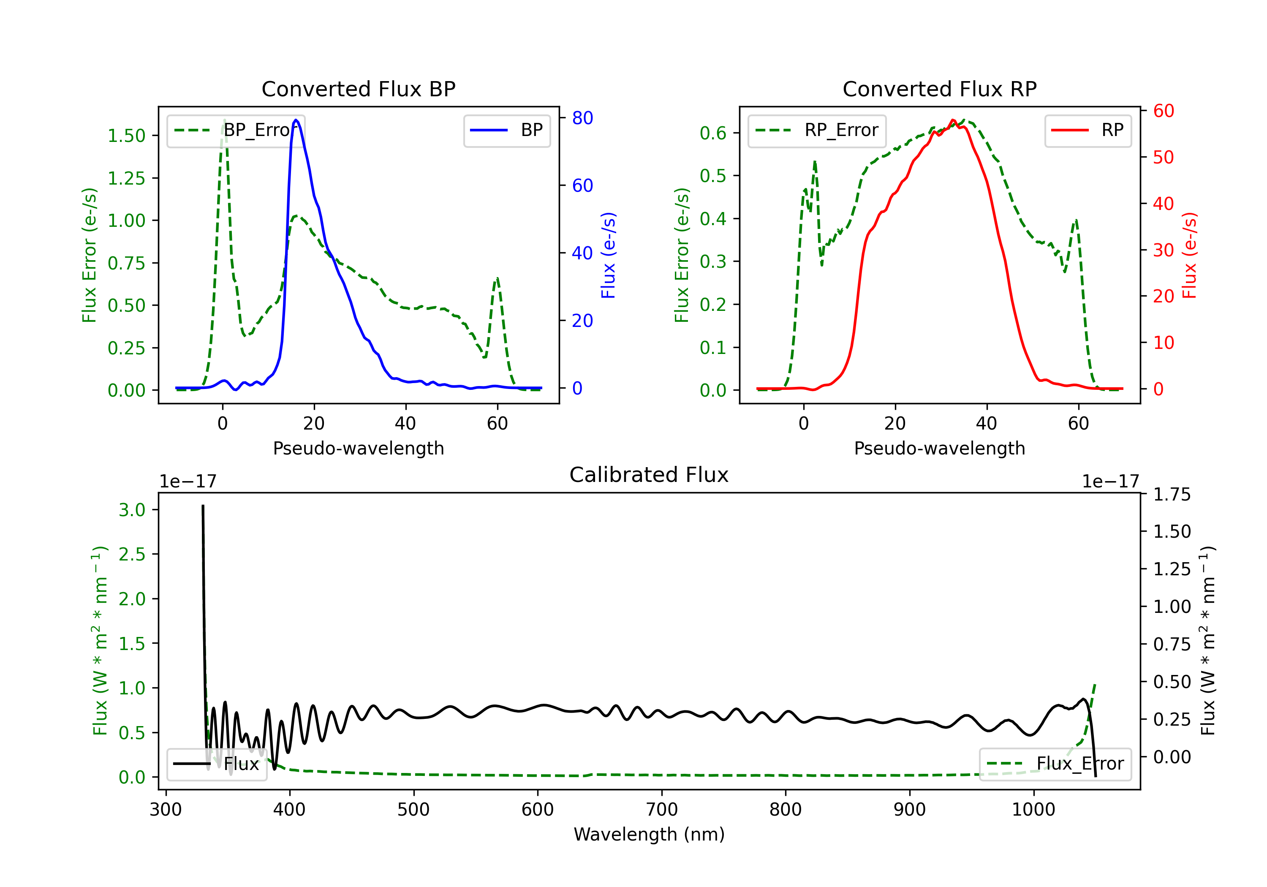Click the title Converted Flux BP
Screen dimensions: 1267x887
[358, 89]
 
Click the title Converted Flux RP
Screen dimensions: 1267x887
[939, 89]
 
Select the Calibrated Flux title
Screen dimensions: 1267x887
[649, 475]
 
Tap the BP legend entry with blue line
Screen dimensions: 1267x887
[506, 130]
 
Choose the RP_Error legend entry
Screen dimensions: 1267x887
[817, 130]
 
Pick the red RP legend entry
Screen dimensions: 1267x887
[1088, 130]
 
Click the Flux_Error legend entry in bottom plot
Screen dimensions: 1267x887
[1055, 764]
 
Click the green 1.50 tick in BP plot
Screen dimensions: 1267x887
[126, 136]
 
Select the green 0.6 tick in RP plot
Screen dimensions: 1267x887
[713, 133]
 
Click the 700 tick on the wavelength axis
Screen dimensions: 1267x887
[662, 810]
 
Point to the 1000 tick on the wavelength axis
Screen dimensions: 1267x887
[1033, 810]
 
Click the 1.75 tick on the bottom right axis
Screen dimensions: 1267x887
[1172, 495]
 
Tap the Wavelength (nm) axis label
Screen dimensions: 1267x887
[649, 835]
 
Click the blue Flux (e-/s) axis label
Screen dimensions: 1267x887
[608, 256]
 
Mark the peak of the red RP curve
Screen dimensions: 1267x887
[953, 120]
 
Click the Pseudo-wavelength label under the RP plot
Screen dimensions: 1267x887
[939, 448]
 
